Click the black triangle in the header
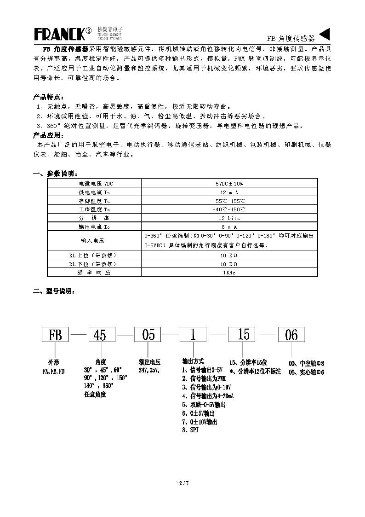[x=325, y=35]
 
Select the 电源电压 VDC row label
[x=94, y=184]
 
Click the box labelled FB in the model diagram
[x=55, y=335]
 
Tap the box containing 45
[x=101, y=335]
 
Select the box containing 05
[x=148, y=335]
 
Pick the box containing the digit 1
[x=193, y=335]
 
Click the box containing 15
[x=243, y=334]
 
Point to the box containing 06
[x=291, y=335]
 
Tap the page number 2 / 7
[x=182, y=483]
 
